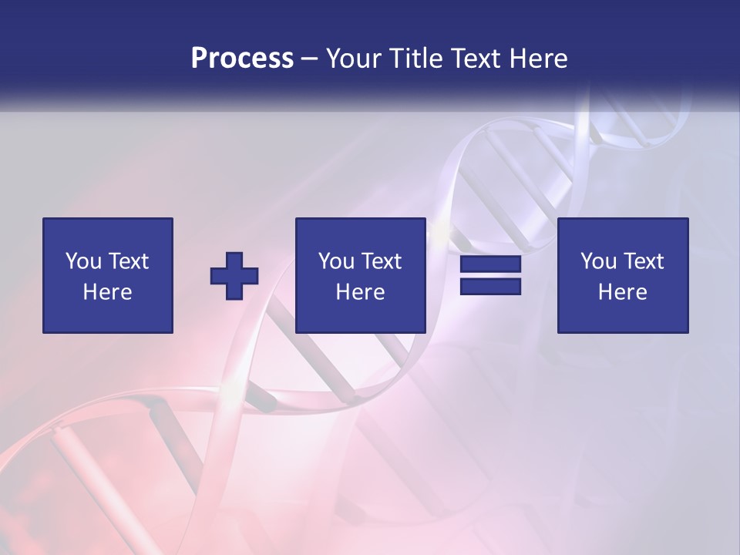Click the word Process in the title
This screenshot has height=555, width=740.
(242, 59)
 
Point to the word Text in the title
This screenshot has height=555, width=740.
(476, 59)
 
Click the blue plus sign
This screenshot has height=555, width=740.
(234, 276)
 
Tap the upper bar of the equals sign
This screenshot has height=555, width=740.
(490, 264)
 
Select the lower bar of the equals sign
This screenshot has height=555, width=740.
(490, 287)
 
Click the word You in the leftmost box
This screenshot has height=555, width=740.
(83, 261)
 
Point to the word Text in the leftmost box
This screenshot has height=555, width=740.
(128, 261)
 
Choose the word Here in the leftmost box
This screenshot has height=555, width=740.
(107, 292)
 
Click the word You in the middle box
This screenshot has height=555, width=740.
(336, 261)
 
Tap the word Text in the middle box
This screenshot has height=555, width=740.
(381, 261)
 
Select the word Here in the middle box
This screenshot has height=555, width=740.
(360, 292)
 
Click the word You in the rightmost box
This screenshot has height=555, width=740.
(598, 261)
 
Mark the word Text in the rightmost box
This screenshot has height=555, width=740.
(643, 261)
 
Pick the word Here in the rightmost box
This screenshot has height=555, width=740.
(622, 292)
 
